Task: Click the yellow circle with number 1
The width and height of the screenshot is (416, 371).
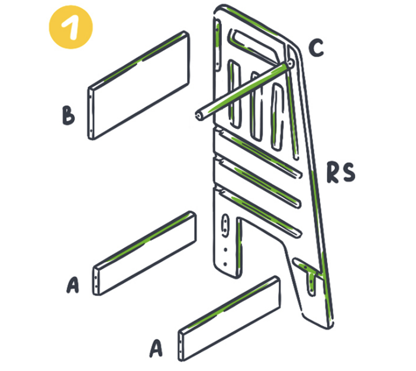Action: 71,27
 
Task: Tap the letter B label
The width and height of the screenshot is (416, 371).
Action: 68,115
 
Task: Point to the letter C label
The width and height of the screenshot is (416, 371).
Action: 316,48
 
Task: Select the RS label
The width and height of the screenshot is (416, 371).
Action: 341,173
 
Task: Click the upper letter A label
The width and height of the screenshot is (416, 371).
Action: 73,285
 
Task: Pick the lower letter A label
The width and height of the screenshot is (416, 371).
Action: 156,348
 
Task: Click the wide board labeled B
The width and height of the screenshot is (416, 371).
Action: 138,85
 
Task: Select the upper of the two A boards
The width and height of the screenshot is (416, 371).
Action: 145,253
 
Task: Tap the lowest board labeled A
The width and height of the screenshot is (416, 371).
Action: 230,318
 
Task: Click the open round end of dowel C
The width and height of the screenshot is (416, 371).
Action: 198,116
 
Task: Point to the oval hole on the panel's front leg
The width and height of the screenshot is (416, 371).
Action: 225,226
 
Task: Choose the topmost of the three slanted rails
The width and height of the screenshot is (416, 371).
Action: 257,153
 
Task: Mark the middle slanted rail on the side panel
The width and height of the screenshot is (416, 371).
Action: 257,183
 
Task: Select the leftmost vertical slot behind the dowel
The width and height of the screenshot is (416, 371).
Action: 234,94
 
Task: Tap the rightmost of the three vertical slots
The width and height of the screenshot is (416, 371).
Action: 278,116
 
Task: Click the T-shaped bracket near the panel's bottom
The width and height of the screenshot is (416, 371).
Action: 308,275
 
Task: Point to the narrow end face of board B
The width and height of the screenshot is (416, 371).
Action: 91,113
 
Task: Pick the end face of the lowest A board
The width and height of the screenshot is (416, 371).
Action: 180,346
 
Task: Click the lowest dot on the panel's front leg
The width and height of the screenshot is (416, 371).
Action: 225,264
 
